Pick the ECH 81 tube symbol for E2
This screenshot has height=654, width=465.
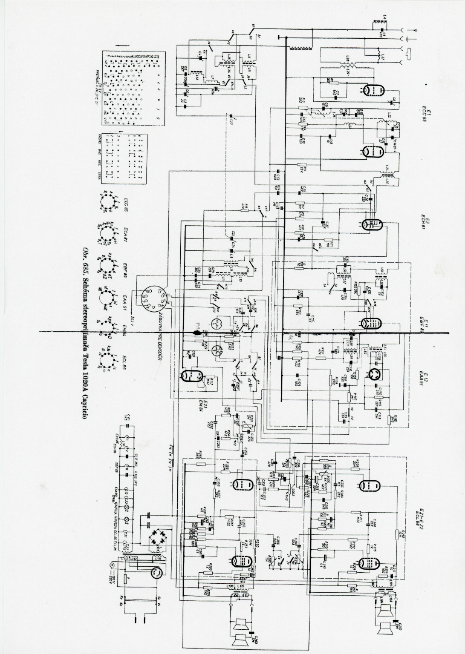tap(370, 223)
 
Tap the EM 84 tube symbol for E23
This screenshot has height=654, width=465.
tap(190, 375)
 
